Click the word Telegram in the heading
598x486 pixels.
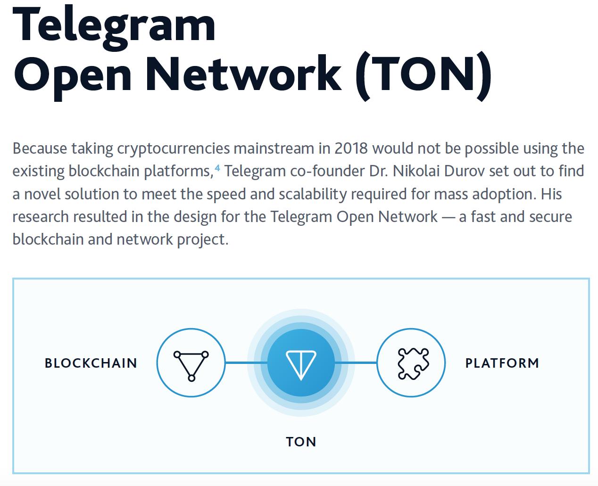[x=114, y=27]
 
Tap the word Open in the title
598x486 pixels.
[x=72, y=76]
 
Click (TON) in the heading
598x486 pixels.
[x=424, y=76]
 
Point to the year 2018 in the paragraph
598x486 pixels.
[x=351, y=148]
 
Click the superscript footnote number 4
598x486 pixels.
[x=217, y=168]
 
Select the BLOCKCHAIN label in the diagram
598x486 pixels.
[x=91, y=363]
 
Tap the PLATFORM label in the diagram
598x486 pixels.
[x=502, y=363]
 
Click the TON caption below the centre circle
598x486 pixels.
[x=301, y=442]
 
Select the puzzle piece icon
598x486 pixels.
[x=413, y=363]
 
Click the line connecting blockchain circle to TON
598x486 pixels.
[x=246, y=363]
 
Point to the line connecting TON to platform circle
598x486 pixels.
[x=356, y=363]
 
